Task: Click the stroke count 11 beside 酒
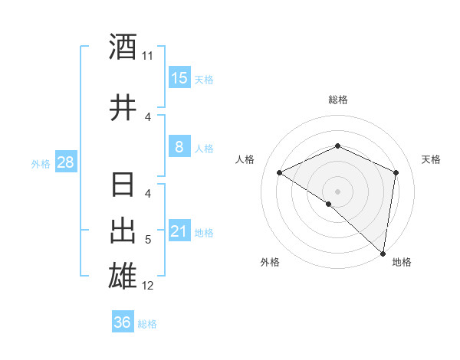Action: click(148, 56)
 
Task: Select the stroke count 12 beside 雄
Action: click(148, 286)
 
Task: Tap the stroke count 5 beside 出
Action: click(148, 241)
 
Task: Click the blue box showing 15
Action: click(179, 78)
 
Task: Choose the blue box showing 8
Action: click(179, 147)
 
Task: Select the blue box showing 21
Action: click(179, 231)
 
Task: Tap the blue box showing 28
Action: click(65, 162)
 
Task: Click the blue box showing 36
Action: click(122, 322)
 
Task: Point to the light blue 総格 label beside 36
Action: click(147, 324)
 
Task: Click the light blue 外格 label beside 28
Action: click(41, 164)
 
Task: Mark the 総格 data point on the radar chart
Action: click(337, 146)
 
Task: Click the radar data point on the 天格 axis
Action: click(396, 173)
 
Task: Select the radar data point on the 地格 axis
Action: click(383, 253)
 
